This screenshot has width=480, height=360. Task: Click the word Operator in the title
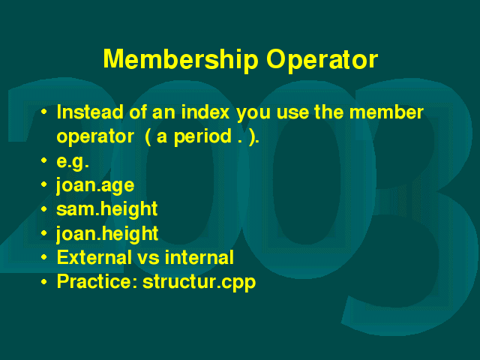point(322,61)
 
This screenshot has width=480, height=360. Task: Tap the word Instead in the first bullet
point(90,112)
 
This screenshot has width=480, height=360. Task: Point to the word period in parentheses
point(202,136)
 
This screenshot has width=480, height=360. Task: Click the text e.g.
point(73,161)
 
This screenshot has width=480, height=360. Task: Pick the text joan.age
point(95,185)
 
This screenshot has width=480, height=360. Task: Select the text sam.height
point(106,209)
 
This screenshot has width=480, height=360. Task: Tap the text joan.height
point(106,234)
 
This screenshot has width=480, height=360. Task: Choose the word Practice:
point(97,282)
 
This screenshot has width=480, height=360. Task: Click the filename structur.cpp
point(199,282)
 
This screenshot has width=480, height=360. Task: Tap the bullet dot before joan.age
point(44,184)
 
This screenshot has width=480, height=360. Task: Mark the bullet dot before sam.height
point(44,208)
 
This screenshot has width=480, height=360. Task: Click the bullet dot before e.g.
point(44,160)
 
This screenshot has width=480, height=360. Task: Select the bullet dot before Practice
point(44,281)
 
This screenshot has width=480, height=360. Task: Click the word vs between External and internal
point(148,259)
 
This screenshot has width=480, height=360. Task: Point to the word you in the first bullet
point(253,115)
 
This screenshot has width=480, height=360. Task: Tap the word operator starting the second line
point(95,137)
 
